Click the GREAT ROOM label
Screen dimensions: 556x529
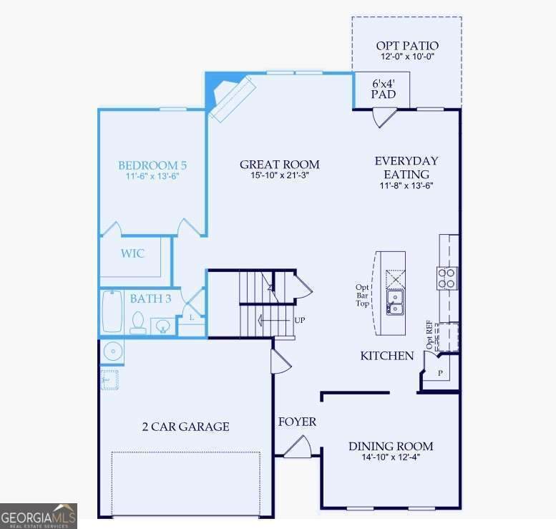click(x=279, y=165)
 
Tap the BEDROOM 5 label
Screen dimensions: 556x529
click(x=152, y=165)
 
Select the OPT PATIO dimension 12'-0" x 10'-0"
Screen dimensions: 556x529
click(x=407, y=57)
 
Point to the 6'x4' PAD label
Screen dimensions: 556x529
click(x=384, y=89)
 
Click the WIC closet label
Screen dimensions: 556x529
click(x=132, y=253)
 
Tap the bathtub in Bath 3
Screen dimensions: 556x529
click(x=112, y=311)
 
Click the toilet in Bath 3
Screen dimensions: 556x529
click(x=138, y=323)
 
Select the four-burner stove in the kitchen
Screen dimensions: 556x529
click(x=447, y=278)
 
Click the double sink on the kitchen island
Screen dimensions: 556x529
click(x=395, y=302)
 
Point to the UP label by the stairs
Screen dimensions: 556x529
click(x=300, y=320)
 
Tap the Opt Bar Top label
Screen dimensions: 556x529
click(x=362, y=295)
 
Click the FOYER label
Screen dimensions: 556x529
click(x=297, y=422)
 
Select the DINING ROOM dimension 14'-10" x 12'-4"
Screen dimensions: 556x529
click(x=391, y=457)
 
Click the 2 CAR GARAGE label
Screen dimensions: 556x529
click(x=185, y=427)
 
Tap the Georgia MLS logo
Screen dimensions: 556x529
click(x=39, y=516)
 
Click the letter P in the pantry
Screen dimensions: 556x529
click(x=440, y=373)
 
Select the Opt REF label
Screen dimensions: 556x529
click(x=429, y=335)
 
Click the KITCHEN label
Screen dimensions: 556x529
click(x=387, y=356)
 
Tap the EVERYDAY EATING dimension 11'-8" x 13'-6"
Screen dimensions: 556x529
click(x=406, y=185)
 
